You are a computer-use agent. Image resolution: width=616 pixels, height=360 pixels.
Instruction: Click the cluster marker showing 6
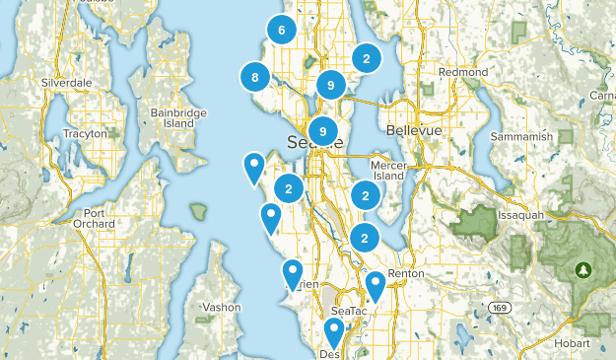click(282, 31)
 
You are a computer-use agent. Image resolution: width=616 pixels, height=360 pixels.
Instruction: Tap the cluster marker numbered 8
click(255, 78)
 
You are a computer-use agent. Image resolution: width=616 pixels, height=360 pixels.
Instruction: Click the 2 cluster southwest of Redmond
click(367, 58)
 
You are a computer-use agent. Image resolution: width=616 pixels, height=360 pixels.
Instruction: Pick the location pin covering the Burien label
click(292, 273)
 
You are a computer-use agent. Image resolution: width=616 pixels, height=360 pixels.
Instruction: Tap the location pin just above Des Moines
click(334, 332)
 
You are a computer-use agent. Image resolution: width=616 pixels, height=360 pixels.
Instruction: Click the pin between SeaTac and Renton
click(375, 285)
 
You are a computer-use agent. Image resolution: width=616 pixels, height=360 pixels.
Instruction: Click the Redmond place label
click(463, 73)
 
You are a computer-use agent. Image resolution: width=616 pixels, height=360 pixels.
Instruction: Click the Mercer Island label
click(387, 170)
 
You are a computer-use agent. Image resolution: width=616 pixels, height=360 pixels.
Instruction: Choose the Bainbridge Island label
click(178, 118)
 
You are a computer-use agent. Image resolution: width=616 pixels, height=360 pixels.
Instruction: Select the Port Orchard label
click(94, 218)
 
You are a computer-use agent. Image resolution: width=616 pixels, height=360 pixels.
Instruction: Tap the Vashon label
click(221, 307)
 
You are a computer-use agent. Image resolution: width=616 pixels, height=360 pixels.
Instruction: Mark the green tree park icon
click(583, 268)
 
